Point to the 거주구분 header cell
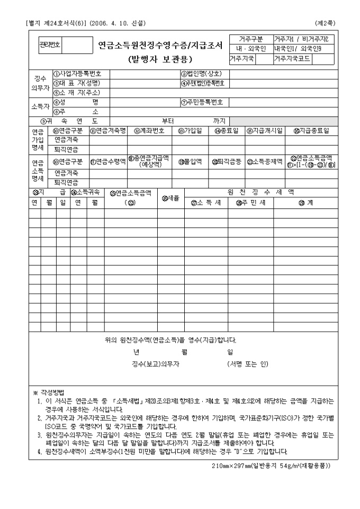click(x=251, y=39)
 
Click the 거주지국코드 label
click(x=293, y=58)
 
